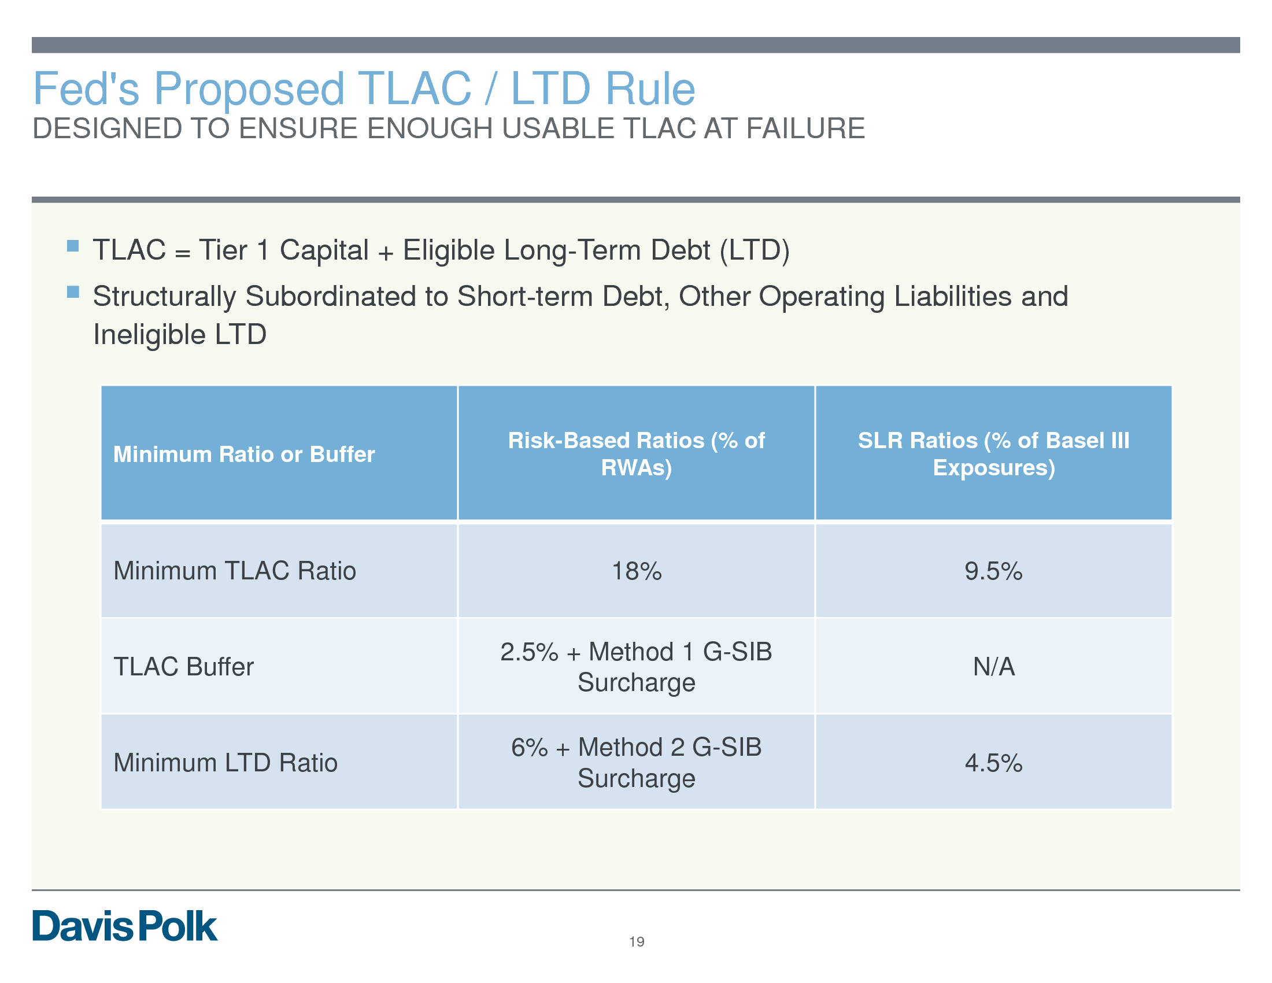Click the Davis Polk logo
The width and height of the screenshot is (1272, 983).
click(x=125, y=926)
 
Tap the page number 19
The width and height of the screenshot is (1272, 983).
click(x=637, y=941)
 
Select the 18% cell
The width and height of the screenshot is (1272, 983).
click(x=637, y=571)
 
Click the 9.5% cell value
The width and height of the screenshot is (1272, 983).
click(x=993, y=571)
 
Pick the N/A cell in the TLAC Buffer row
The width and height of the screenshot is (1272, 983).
click(x=993, y=667)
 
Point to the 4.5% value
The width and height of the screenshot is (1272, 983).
click(x=993, y=763)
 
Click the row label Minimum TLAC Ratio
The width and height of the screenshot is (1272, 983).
click(x=235, y=571)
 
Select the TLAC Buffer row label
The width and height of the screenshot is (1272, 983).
click(x=183, y=667)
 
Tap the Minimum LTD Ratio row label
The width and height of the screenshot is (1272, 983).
click(x=225, y=763)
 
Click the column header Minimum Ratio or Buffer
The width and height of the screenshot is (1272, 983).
click(x=244, y=454)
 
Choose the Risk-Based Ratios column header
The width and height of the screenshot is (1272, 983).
click(x=637, y=454)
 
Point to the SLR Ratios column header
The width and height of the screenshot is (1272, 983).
click(x=993, y=454)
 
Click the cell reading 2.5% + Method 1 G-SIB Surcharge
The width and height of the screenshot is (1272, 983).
click(x=637, y=667)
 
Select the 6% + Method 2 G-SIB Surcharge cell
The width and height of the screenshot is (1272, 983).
click(x=637, y=763)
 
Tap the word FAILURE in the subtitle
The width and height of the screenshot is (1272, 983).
click(x=805, y=129)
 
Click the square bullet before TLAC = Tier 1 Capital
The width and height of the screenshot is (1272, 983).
click(x=73, y=246)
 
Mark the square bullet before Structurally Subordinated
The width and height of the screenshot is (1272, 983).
click(x=73, y=292)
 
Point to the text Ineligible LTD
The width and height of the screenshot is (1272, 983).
click(x=180, y=335)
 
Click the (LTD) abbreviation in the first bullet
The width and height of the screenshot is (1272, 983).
click(x=755, y=250)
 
